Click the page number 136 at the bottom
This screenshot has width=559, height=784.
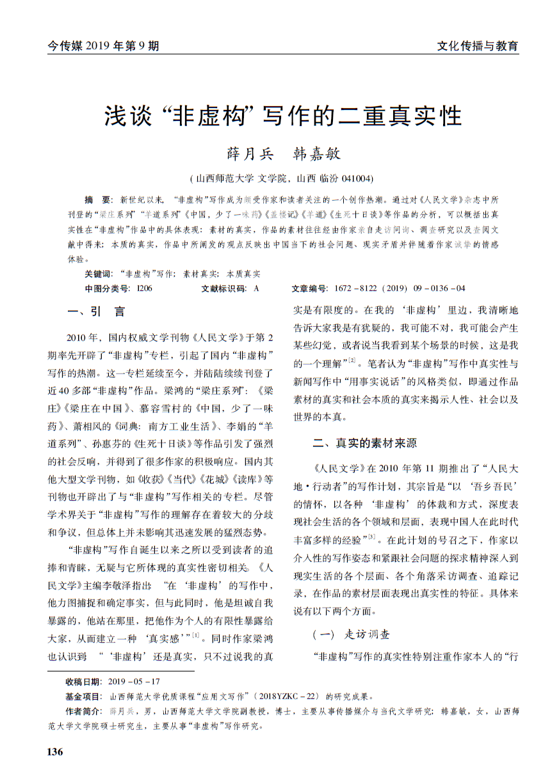point(56,752)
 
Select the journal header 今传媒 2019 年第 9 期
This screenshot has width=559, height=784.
point(103,45)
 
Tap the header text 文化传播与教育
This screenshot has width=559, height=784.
point(477,45)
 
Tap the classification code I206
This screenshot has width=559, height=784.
point(144,288)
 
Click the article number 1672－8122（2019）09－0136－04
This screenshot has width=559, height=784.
point(397,288)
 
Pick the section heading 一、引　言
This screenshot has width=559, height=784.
point(96,312)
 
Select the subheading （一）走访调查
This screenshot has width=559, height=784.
point(350,634)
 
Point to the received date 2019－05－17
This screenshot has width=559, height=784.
point(134,682)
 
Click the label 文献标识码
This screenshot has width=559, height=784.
point(223,288)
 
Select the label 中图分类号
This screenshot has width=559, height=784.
point(107,288)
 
